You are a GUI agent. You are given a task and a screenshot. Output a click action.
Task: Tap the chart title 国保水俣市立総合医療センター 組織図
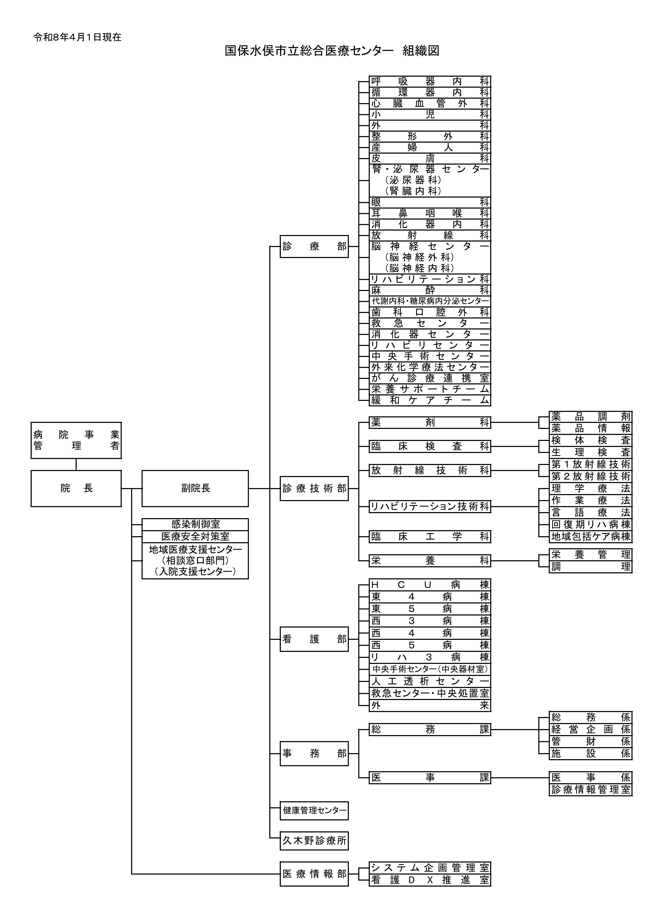click(x=332, y=51)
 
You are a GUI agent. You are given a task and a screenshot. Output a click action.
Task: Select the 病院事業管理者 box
click(x=76, y=440)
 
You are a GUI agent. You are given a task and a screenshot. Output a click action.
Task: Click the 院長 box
click(x=76, y=488)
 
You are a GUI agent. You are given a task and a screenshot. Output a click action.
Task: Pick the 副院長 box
click(x=195, y=488)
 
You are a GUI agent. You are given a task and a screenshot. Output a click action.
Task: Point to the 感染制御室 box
click(x=195, y=524)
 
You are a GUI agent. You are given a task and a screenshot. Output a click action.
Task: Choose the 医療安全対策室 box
click(x=195, y=536)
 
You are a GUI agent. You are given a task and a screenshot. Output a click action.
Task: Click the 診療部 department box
click(x=314, y=246)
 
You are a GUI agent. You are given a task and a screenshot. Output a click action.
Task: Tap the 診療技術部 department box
click(x=314, y=488)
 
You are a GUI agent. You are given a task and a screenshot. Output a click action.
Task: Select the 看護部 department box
click(x=314, y=639)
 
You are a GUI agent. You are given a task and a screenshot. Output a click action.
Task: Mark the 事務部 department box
click(x=314, y=754)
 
